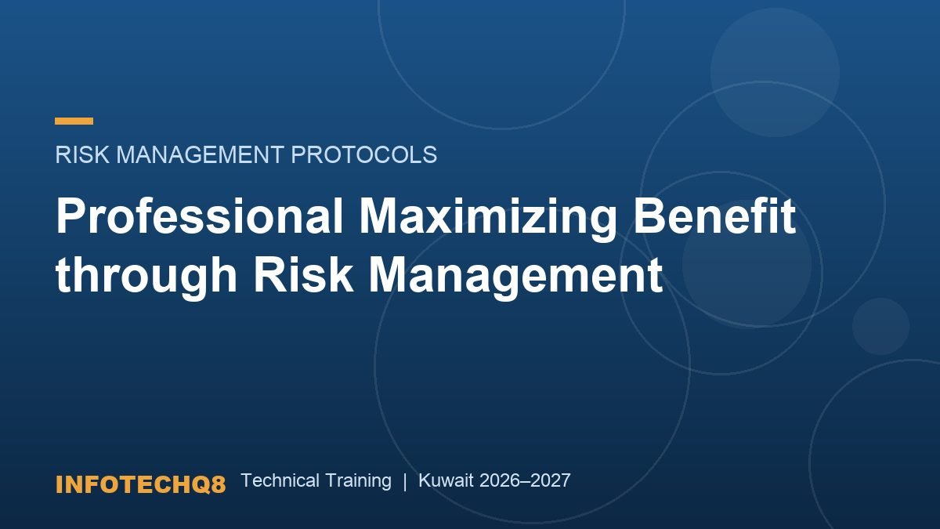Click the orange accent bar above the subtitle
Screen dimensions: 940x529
74,121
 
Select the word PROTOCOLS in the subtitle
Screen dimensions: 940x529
363,154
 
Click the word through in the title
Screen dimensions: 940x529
146,276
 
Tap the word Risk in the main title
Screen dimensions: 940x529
303,276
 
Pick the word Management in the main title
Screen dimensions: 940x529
515,276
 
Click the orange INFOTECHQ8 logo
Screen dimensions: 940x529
140,484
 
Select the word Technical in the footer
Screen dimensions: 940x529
280,480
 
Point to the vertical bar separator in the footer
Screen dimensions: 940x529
405,481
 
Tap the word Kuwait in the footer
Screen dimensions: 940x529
446,480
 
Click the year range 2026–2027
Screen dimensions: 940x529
525,480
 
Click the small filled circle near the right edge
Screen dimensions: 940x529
880,326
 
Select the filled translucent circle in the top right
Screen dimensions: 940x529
775,72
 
